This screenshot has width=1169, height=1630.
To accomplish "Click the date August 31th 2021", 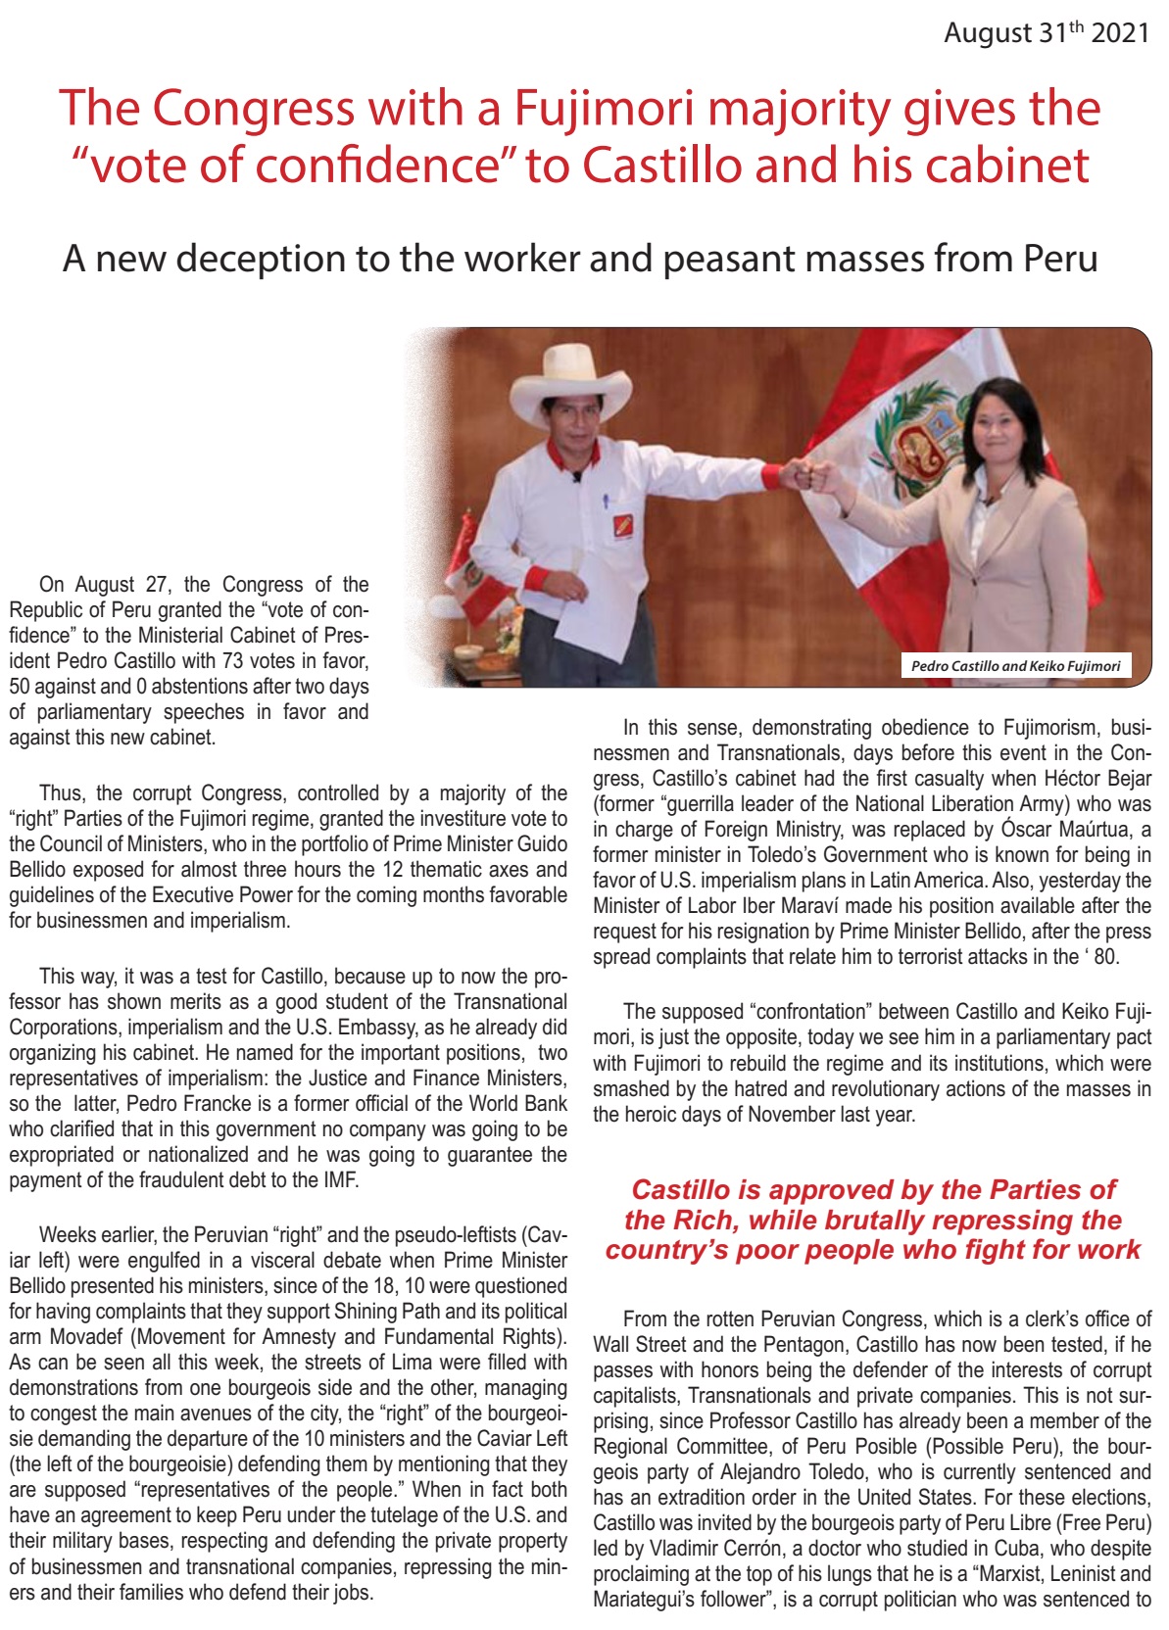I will (1046, 33).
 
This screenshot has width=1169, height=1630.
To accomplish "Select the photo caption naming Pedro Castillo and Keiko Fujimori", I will (1015, 666).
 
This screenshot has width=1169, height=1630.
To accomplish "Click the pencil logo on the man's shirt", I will (623, 525).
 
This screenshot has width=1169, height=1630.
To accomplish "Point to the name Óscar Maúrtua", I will (1056, 829).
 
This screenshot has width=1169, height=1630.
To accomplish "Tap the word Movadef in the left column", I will (88, 1337).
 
